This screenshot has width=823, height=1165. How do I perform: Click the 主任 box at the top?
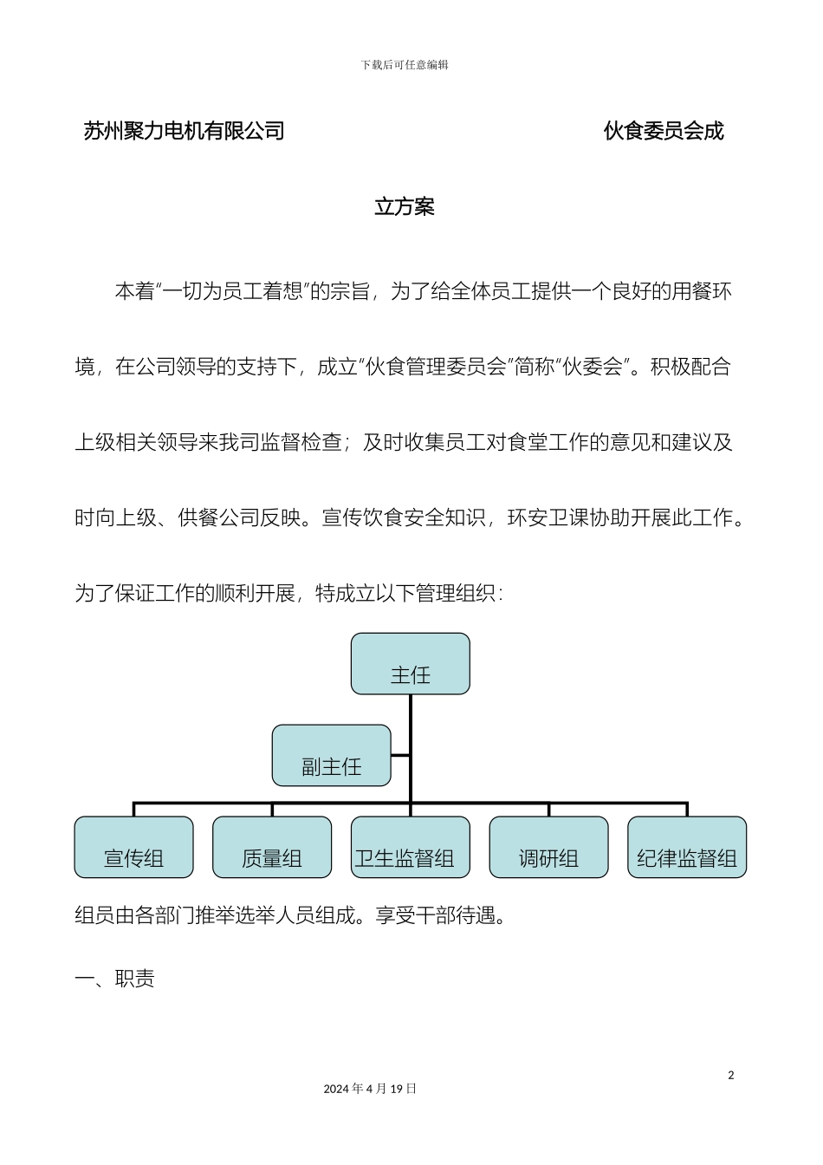pos(410,664)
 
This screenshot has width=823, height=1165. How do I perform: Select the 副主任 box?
pos(331,756)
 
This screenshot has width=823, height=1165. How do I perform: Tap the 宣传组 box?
pos(133,848)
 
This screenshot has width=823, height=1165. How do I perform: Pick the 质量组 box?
pos(272,848)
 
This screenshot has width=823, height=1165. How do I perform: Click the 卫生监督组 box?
pos(410,848)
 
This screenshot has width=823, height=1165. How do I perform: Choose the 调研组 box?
pos(548,848)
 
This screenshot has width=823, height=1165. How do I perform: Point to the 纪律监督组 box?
pos(686,848)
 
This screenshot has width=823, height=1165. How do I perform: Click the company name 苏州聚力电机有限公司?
pos(185,131)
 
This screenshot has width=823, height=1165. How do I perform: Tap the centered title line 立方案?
pos(405,207)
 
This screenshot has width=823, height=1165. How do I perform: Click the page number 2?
pos(730,1076)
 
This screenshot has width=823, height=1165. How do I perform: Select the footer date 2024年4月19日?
pos(370,1089)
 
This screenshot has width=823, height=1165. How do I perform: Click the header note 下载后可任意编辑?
pos(405,65)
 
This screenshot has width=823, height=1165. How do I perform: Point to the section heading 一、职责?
pos(115,980)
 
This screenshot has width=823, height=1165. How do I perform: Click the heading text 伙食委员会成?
pos(664,131)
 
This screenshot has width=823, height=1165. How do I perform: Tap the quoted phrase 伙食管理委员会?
pos(436,367)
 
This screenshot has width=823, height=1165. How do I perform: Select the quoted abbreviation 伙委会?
pos(593,367)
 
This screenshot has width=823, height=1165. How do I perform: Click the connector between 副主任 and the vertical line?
pos(400,756)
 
